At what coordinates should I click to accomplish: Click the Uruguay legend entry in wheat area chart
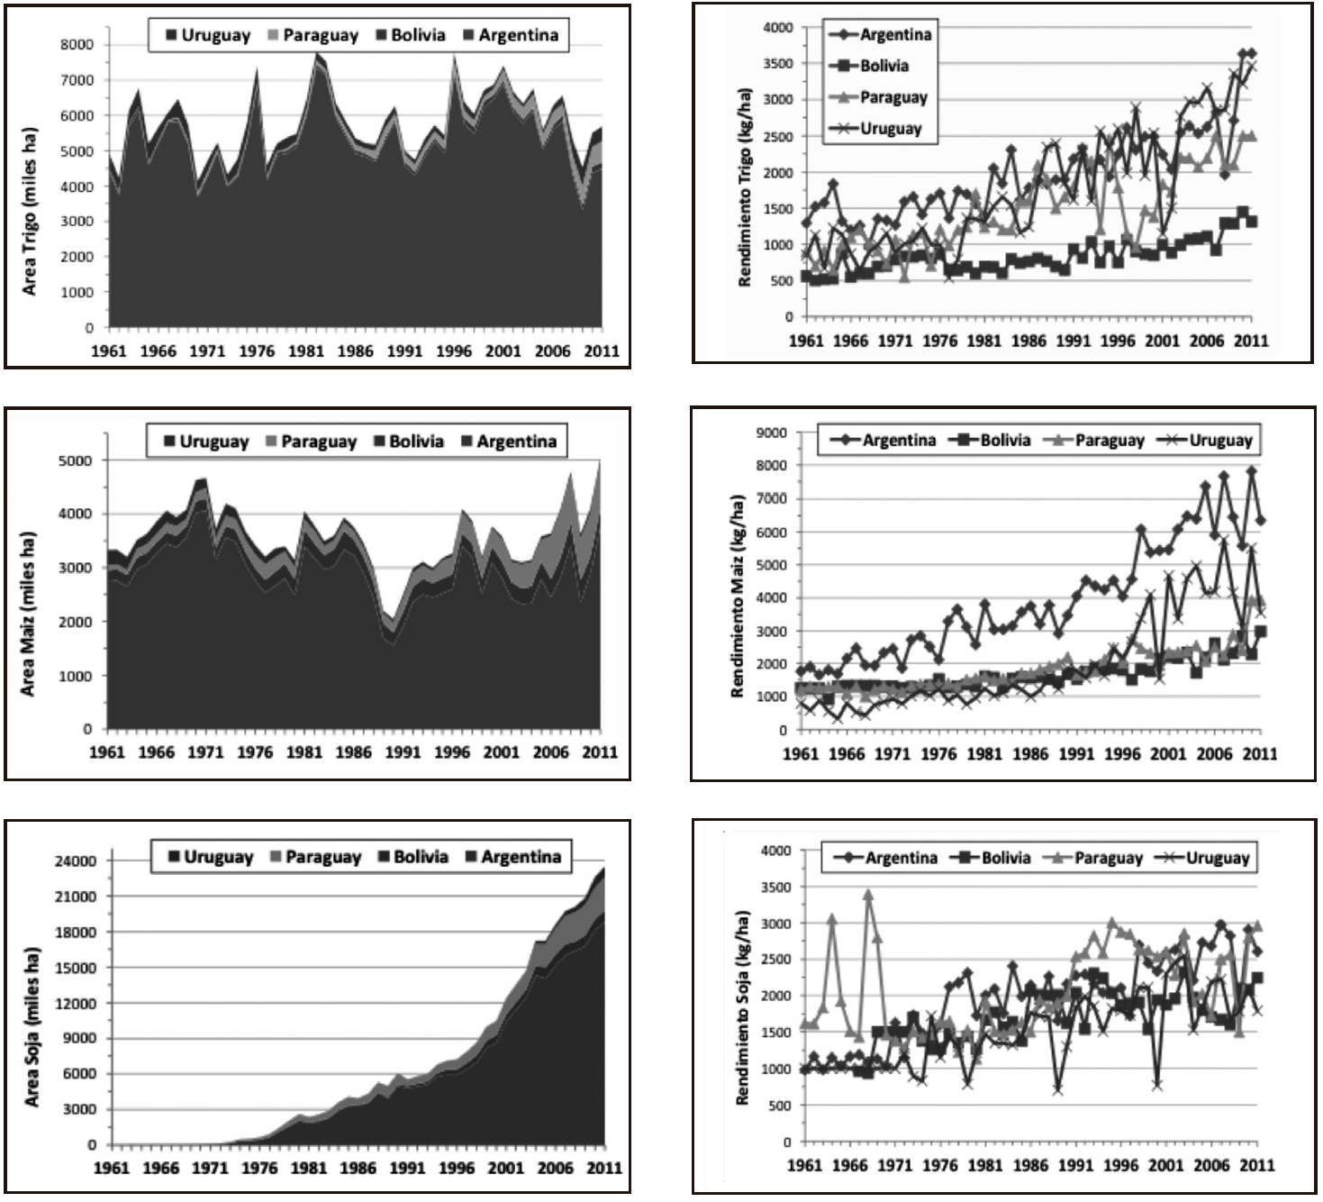point(208,36)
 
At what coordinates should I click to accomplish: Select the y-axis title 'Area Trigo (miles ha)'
point(30,210)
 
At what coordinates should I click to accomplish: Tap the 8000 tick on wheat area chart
point(77,44)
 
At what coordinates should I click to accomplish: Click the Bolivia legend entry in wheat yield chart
point(874,66)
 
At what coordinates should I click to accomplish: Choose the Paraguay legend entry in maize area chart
point(310,442)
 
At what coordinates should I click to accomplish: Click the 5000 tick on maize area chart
point(75,460)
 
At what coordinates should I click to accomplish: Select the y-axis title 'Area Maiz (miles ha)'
point(28,614)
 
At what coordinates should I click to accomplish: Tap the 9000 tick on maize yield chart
point(771,433)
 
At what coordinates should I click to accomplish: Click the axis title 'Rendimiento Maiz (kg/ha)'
point(738,596)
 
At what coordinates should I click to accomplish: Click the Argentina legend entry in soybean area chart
point(512,857)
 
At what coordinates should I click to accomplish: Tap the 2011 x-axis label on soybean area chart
point(604,1169)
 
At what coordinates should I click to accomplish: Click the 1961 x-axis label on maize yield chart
point(801,753)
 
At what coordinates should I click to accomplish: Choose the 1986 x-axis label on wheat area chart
point(355,351)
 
